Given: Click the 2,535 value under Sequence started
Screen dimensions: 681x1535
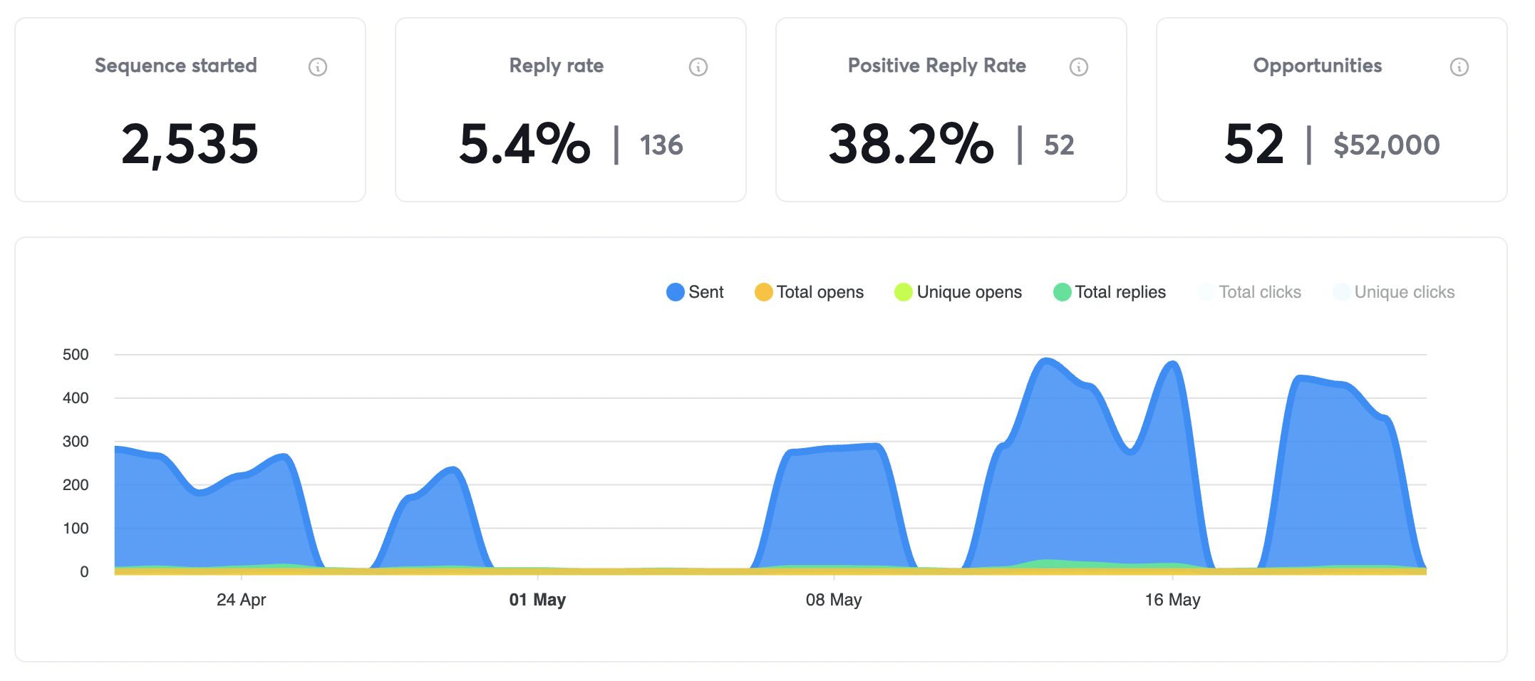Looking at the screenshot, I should click(190, 145).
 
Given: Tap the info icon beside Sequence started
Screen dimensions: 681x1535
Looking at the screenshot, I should click(318, 67).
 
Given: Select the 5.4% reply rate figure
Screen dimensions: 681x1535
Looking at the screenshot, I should click(524, 145).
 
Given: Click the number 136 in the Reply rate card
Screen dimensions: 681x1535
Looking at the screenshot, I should click(661, 145).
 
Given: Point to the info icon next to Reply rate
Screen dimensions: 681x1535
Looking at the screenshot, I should click(698, 67).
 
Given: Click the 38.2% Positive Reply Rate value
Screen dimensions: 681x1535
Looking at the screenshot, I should click(911, 145).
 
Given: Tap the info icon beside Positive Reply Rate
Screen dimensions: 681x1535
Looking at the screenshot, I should click(1079, 67).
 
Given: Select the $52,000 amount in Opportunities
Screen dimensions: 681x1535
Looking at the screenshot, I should click(1386, 145).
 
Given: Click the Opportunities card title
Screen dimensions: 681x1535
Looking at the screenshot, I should click(1317, 66).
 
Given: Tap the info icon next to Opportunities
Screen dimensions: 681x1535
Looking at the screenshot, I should click(1459, 67).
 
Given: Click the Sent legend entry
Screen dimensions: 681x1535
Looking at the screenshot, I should click(695, 292).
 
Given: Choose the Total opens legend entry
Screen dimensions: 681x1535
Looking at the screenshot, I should click(809, 292).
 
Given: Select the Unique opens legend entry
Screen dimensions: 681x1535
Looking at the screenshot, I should click(958, 292).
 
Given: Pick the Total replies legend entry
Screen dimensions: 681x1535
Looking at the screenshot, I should click(1110, 292).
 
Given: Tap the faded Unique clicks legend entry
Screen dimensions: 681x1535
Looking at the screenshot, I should click(1394, 292).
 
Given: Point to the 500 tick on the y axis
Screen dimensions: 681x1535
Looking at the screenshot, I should click(76, 355).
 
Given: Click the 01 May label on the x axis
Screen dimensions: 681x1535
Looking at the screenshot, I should click(537, 600).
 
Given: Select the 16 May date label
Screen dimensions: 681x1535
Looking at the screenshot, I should click(1172, 600).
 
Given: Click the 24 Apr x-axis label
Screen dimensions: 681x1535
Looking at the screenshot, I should click(241, 600).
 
